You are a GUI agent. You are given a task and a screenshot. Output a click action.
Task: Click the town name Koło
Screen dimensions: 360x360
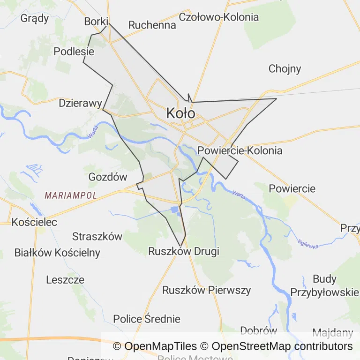pyautogui.click(x=180, y=113)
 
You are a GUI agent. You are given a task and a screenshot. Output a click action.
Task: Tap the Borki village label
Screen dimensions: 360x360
pyautogui.click(x=96, y=22)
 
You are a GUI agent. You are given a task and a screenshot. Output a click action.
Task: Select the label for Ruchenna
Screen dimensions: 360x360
pyautogui.click(x=152, y=25)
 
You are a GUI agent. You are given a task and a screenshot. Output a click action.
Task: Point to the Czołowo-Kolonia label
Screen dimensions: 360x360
pyautogui.click(x=219, y=17)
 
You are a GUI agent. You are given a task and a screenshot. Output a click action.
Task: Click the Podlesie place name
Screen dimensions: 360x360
pyautogui.click(x=74, y=51)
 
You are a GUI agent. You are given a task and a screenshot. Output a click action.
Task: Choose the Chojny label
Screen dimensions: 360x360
pyautogui.click(x=285, y=69)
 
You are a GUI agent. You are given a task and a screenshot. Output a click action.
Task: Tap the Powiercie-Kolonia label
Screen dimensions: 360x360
pyautogui.click(x=240, y=150)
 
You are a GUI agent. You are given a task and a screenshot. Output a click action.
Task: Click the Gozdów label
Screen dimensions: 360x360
pyautogui.click(x=108, y=177)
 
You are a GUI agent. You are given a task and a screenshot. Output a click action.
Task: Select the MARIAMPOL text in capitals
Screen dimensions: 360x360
pyautogui.click(x=71, y=195)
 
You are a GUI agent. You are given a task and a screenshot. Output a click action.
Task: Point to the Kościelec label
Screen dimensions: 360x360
pyautogui.click(x=35, y=222)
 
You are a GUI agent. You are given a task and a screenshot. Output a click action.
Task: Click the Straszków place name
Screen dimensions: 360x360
pyautogui.click(x=97, y=236)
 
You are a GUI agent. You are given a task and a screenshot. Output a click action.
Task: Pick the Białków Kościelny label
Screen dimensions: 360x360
pyautogui.click(x=57, y=253)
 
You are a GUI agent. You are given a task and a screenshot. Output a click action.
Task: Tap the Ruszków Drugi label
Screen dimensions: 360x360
pyautogui.click(x=184, y=251)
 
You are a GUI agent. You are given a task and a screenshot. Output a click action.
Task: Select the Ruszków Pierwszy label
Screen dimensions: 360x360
pyautogui.click(x=206, y=290)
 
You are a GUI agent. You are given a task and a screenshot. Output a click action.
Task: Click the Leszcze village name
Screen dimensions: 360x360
pyautogui.click(x=65, y=280)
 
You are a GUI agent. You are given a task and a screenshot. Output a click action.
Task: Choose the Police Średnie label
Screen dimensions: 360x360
pyautogui.click(x=147, y=319)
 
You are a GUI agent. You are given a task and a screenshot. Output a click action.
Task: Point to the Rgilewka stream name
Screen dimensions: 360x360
pyautogui.click(x=307, y=244)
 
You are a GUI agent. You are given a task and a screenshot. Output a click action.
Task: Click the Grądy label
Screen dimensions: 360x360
pyautogui.click(x=35, y=18)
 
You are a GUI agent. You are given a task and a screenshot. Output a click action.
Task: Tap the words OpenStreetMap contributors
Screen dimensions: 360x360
pyautogui.click(x=282, y=346)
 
